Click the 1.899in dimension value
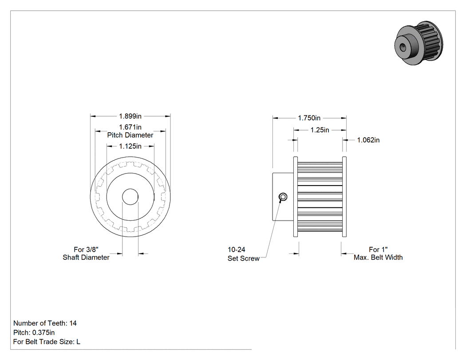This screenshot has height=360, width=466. tap(130, 116)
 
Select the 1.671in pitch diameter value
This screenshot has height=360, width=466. tap(130, 127)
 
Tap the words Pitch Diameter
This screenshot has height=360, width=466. tap(130, 135)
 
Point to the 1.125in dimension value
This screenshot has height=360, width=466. tap(130, 146)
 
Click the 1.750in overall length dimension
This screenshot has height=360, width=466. tap(309, 118)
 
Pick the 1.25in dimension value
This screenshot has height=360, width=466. tap(320, 130)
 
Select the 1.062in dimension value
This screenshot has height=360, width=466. tap(368, 140)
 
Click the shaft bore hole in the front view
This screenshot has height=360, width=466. tap(130, 197)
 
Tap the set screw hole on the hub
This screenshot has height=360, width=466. tap(283, 197)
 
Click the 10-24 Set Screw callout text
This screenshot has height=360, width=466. tap(243, 254)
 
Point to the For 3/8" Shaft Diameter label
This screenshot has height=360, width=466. tap(86, 253)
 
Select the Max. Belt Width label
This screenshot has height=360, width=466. tap(378, 257)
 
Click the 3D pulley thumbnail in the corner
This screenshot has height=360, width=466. tap(419, 43)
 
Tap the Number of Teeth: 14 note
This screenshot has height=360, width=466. tap(45, 323)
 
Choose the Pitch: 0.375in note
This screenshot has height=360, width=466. tap(34, 332)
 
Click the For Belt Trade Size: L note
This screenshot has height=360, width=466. tap(47, 342)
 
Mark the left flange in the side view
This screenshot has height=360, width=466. tap(296, 197)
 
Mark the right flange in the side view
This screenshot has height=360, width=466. tap(344, 197)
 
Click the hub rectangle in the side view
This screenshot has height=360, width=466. tap(283, 197)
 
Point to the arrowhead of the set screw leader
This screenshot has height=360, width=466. tap(280, 201)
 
